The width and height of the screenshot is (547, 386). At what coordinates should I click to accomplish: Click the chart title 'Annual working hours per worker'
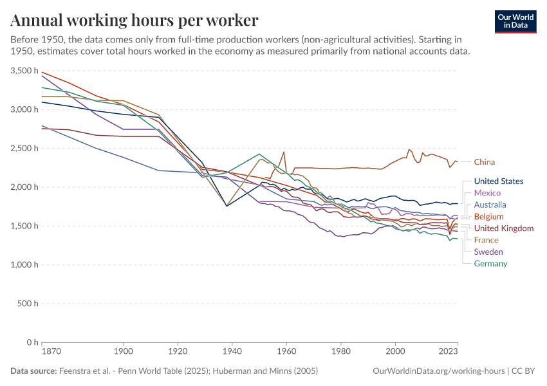[x=134, y=20]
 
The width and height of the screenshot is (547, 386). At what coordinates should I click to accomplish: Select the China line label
[x=484, y=162]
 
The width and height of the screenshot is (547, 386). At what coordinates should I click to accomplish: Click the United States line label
[x=498, y=181]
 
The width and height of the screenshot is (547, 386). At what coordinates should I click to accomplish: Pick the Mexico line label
[x=487, y=193]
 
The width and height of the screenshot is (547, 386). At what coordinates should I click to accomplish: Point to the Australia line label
[x=490, y=205]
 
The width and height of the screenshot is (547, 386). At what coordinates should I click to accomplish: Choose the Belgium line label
[x=488, y=217]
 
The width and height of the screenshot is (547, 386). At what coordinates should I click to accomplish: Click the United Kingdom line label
[x=503, y=228]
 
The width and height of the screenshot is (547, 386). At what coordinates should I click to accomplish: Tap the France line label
[x=486, y=240]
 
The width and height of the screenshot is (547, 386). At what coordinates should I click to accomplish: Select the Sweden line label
[x=488, y=252]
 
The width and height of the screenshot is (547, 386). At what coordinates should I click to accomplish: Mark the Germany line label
[x=490, y=264]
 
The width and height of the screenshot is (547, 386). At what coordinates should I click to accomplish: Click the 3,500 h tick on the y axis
[x=24, y=71]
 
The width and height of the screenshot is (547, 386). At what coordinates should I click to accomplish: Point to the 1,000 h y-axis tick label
[x=24, y=265]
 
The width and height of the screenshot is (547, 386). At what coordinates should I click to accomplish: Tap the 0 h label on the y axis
[x=31, y=343]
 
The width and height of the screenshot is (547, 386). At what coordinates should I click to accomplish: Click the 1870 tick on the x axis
[x=42, y=352]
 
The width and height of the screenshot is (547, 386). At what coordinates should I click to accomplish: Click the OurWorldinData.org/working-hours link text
[x=439, y=371]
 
